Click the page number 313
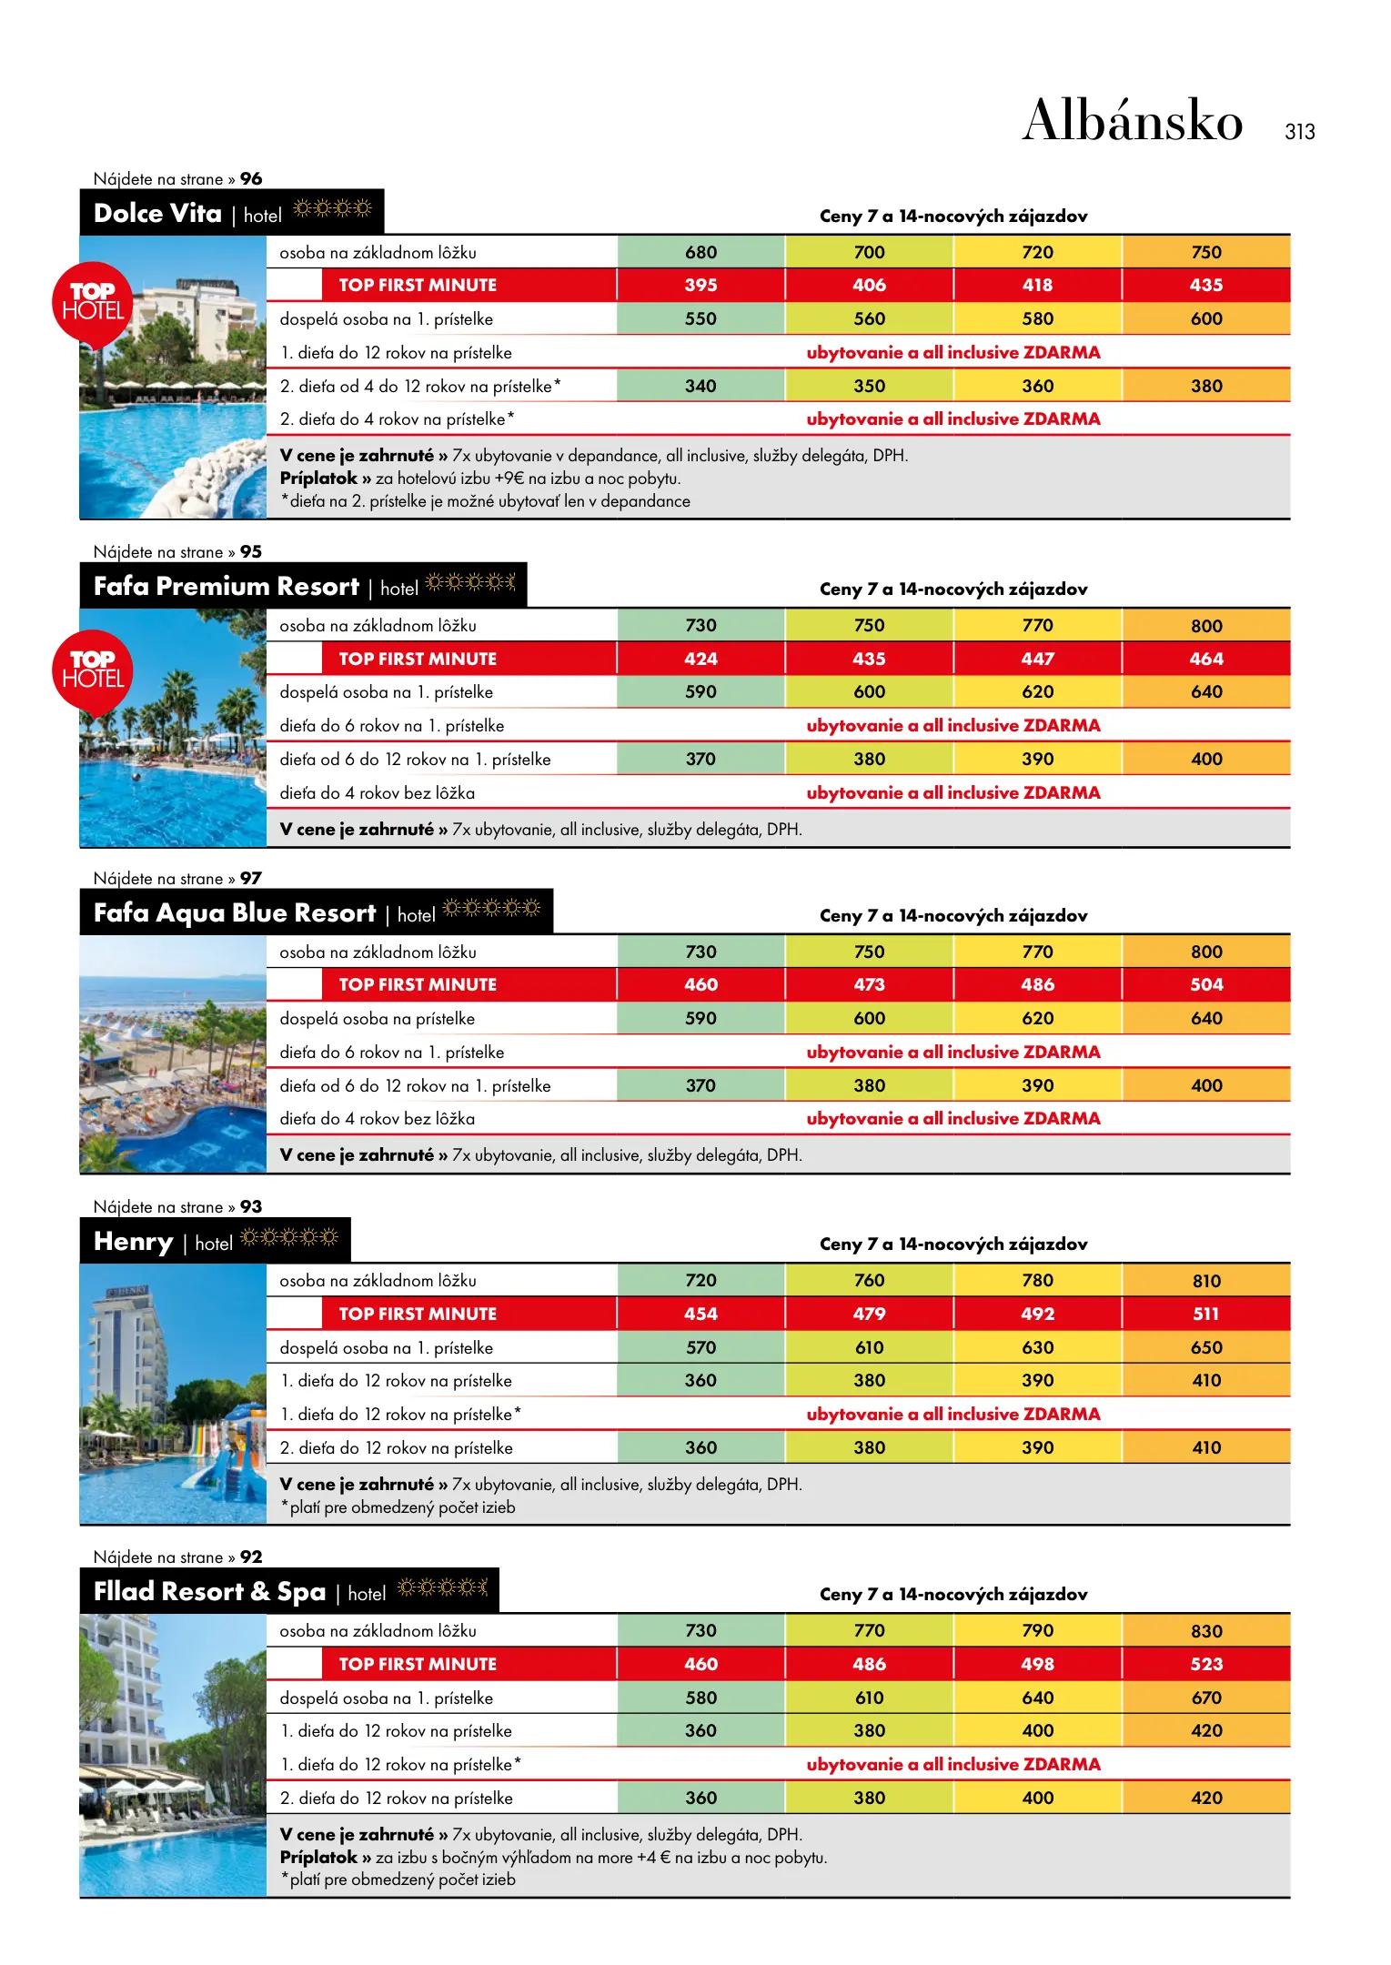click(x=1299, y=132)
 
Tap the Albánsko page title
click(x=1133, y=121)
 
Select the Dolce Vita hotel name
click(x=157, y=214)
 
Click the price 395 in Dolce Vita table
click(x=701, y=286)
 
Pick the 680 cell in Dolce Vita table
click(x=701, y=252)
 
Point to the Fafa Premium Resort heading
click(x=227, y=587)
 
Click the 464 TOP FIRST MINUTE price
click(x=1206, y=659)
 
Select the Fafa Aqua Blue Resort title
click(x=235, y=913)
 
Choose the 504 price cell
click(x=1206, y=985)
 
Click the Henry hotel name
click(x=134, y=1242)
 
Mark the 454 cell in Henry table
click(x=701, y=1315)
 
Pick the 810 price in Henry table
click(x=1206, y=1281)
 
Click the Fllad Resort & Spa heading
click(x=209, y=1592)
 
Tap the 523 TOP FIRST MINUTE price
click(x=1206, y=1665)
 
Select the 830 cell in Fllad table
click(x=1206, y=1631)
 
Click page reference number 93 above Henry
click(x=251, y=1207)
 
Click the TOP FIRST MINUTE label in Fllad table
click(x=418, y=1665)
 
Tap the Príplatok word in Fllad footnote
click(x=318, y=1858)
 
